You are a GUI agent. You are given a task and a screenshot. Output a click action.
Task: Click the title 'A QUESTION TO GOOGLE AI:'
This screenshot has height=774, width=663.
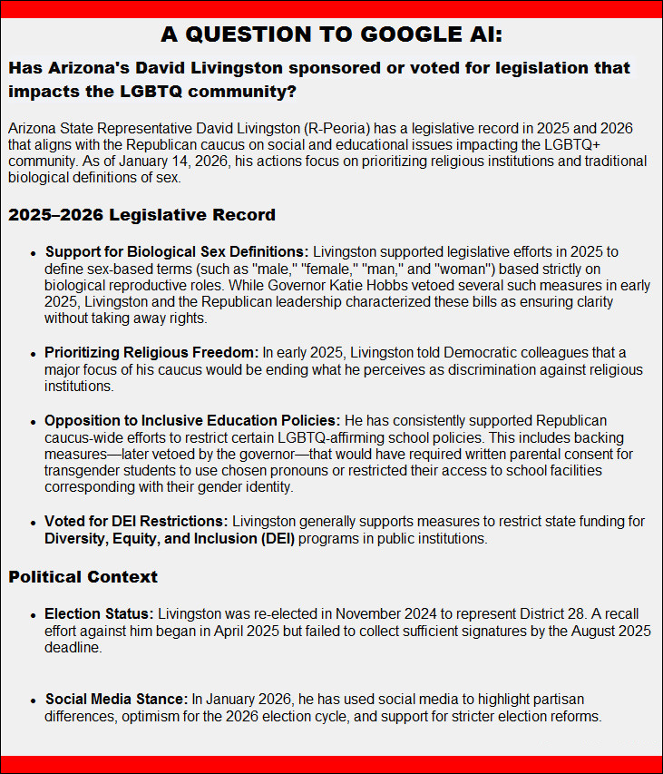coord(331,34)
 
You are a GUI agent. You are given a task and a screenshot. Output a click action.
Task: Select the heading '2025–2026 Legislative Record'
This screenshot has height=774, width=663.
coord(141,215)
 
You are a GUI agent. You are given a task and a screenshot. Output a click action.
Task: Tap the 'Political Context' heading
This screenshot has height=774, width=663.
coord(83,576)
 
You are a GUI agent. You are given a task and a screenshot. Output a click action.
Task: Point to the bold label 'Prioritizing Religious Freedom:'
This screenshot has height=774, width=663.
coord(151,352)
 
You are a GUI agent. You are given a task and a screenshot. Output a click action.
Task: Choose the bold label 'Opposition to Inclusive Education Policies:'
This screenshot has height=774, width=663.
coord(192,421)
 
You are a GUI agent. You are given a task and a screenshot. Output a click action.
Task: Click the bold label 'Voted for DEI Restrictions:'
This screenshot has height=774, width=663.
coord(137,521)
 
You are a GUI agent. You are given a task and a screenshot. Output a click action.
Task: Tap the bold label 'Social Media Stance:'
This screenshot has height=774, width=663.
coord(116,700)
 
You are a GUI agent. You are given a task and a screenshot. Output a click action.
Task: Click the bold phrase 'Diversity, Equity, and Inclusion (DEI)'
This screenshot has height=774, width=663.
coord(170,539)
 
